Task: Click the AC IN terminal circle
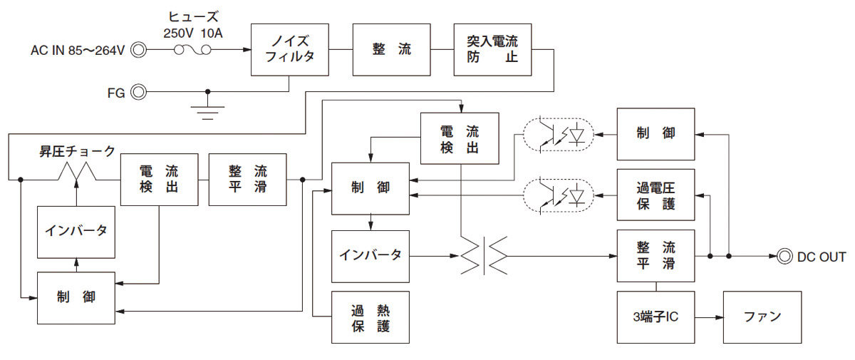139,50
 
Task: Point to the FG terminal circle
139,92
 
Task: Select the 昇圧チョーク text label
77,151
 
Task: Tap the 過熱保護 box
370,317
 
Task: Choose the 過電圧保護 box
655,195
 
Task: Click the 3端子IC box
655,317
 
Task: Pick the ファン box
762,317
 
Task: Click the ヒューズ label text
193,16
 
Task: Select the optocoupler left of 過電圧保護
559,194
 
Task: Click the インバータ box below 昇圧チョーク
76,230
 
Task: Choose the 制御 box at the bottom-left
76,297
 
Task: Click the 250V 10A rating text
194,32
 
